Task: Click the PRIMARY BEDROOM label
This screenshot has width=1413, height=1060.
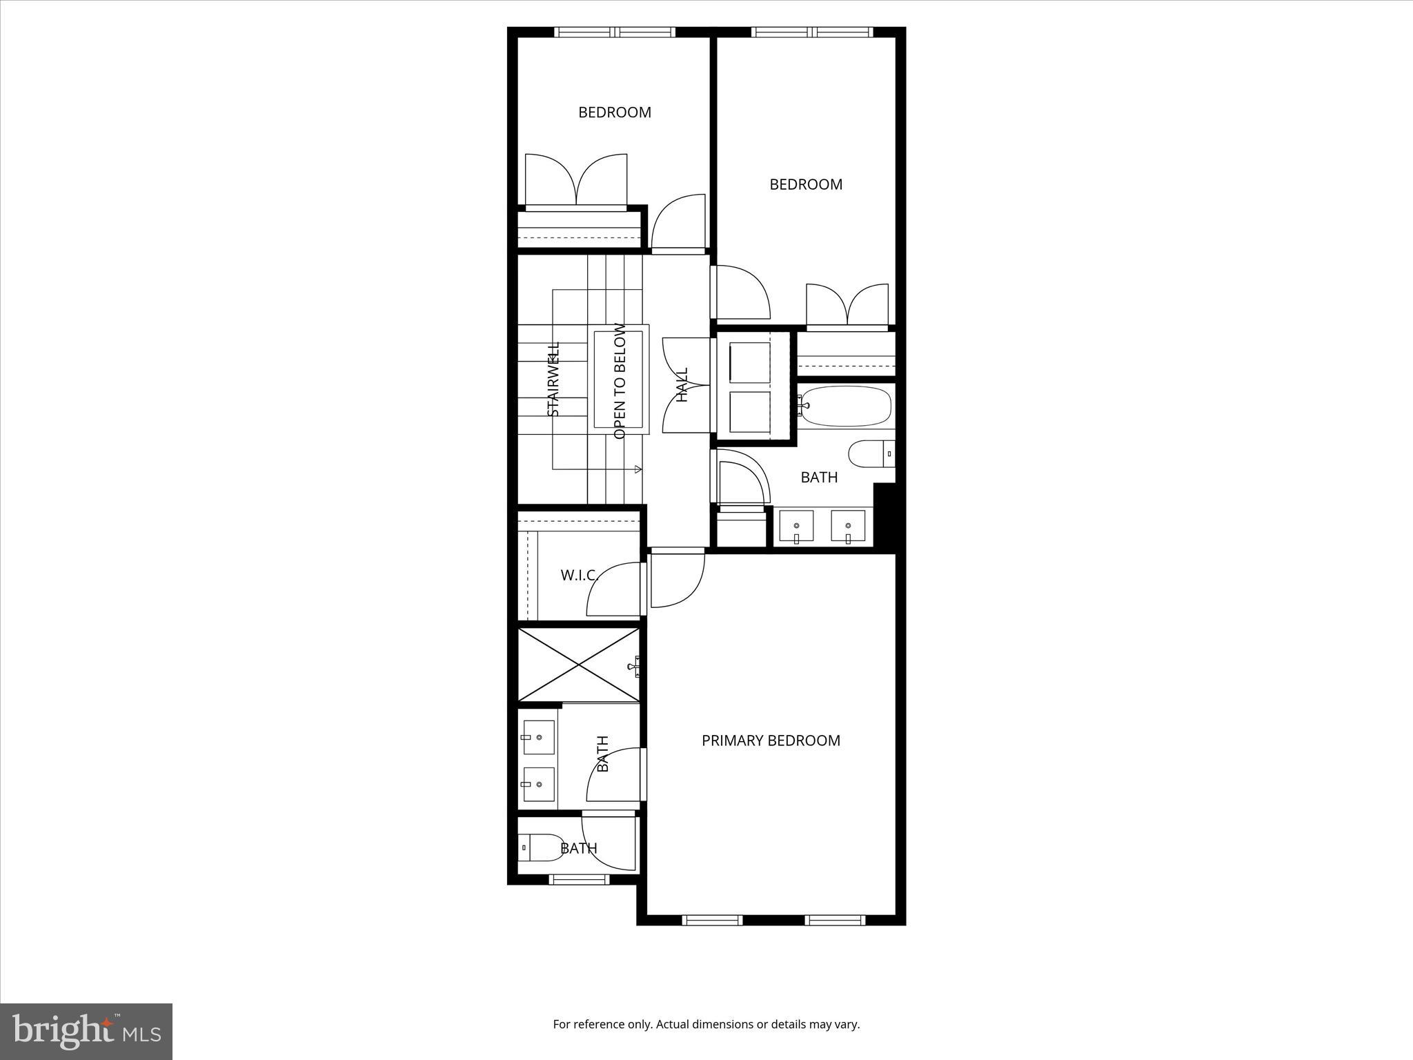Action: [x=771, y=740]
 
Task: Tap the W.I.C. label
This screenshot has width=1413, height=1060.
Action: [x=578, y=575]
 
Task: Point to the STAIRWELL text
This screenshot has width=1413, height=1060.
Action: [x=553, y=379]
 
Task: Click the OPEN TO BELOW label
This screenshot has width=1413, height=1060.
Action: [x=620, y=381]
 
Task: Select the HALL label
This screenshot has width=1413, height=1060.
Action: [x=682, y=385]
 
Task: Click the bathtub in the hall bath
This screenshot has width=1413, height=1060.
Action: [x=846, y=406]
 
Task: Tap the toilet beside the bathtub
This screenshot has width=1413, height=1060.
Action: [x=870, y=454]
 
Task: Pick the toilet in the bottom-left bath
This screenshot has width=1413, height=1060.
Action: [x=542, y=847]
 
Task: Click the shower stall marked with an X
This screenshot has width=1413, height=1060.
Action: [x=579, y=665]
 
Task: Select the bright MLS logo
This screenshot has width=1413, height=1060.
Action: [x=86, y=1032]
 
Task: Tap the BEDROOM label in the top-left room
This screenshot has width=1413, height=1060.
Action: [x=614, y=112]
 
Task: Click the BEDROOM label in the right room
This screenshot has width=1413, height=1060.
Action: [x=805, y=184]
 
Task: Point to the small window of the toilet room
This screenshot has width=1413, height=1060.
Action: [x=579, y=879]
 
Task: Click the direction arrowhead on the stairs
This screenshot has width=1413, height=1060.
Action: [x=638, y=469]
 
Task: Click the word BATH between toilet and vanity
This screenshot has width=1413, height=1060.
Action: [x=819, y=478]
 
